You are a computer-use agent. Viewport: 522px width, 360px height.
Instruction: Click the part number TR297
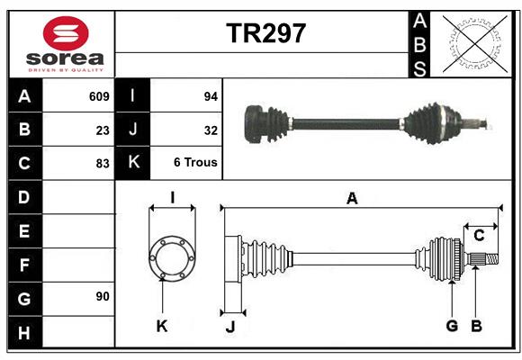tap(265, 33)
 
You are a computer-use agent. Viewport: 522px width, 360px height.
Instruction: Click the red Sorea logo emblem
tap(66, 33)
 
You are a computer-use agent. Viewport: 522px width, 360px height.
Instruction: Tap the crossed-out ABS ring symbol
tap(475, 43)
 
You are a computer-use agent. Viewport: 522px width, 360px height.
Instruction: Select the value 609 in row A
tap(99, 96)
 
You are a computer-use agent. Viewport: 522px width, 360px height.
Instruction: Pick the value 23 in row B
tap(103, 130)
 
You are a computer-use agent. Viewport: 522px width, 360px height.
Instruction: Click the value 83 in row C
tap(103, 164)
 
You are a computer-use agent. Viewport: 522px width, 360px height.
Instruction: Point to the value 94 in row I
tap(211, 96)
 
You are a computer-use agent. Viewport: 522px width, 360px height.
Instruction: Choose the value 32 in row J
tap(211, 130)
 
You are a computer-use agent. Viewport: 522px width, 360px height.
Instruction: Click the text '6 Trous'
tap(195, 163)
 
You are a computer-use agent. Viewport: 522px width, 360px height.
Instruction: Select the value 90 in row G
tap(103, 296)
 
